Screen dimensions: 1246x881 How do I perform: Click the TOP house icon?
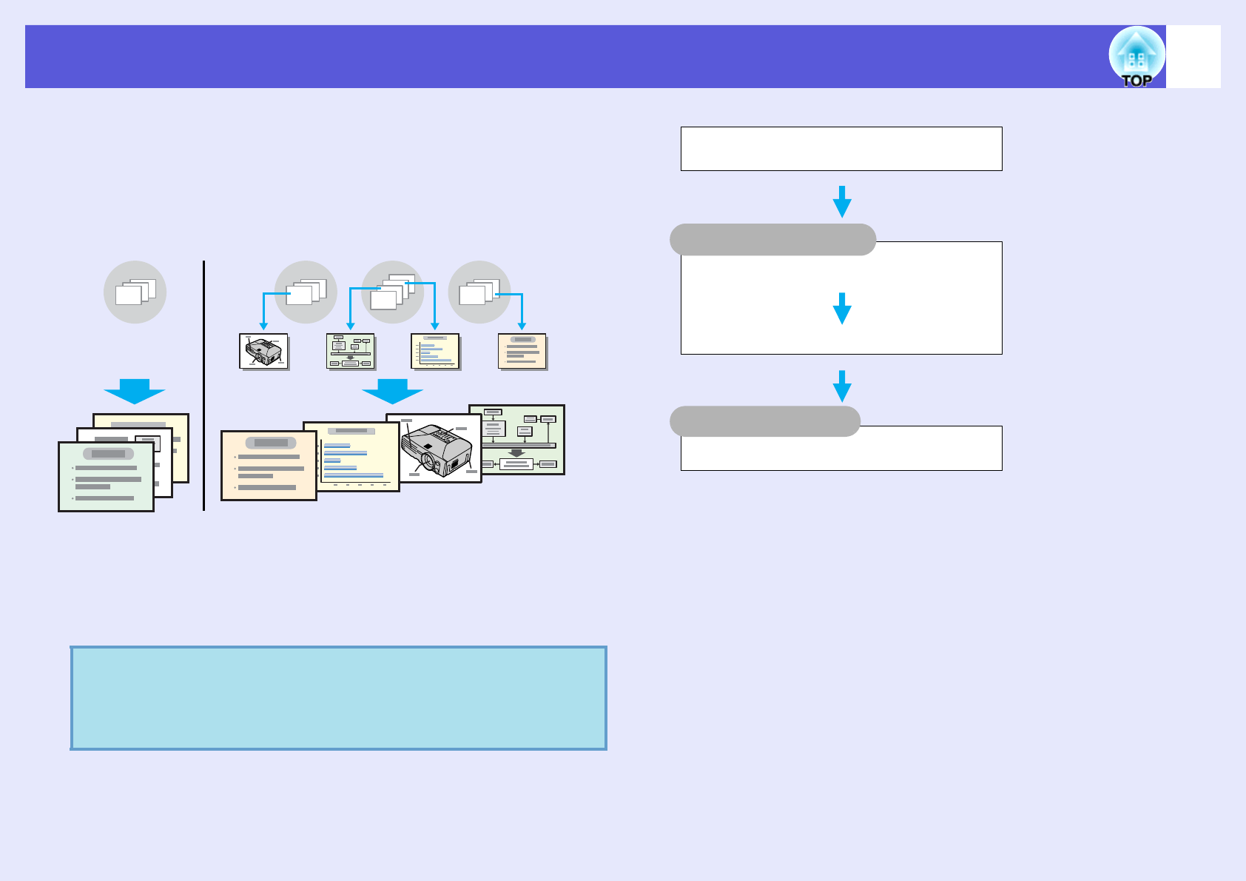pos(1136,57)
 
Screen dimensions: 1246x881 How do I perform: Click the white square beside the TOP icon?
pos(1193,56)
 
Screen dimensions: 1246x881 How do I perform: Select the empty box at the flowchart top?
pos(841,149)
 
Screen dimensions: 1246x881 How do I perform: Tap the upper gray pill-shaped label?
pos(772,240)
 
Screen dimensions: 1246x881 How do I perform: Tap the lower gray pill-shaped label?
pos(764,421)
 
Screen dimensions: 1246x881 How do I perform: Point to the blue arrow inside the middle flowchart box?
pos(842,308)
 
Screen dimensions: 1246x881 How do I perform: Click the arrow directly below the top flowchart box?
pos(842,201)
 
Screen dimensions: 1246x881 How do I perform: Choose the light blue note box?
pos(339,698)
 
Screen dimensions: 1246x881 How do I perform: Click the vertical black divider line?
pos(203,385)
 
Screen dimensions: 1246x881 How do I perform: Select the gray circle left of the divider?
pos(135,292)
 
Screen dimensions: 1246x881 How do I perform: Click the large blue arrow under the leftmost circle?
pos(135,391)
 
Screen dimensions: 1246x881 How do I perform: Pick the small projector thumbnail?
pos(263,351)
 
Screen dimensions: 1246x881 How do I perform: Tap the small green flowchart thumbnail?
pos(351,351)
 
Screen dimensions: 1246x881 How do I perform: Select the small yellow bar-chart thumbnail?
pos(435,351)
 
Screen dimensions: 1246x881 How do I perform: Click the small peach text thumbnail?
pos(522,351)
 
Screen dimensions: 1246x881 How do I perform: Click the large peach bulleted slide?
pos(269,466)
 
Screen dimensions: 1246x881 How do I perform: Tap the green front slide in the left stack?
pos(106,476)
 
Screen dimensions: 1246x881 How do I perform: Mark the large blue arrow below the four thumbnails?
pos(392,391)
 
